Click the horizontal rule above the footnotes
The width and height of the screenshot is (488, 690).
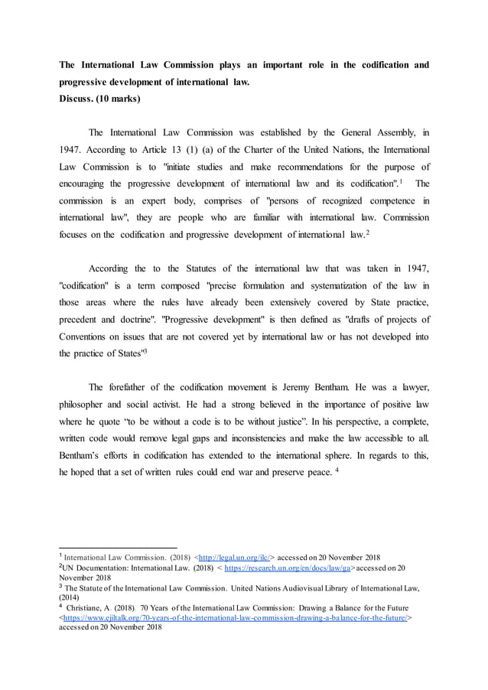[118, 547]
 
